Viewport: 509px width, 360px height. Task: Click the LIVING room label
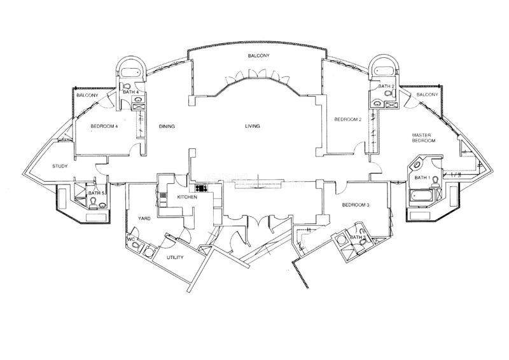[x=252, y=126]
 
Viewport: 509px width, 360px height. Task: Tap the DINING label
[x=167, y=127]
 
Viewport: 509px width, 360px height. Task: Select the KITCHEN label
[x=187, y=197]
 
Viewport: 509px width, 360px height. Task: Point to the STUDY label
[x=60, y=166]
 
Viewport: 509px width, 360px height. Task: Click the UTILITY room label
[x=175, y=258]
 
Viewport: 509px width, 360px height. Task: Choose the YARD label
[x=144, y=218]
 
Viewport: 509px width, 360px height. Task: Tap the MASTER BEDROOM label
[x=423, y=138]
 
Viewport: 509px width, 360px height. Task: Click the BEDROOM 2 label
[x=347, y=120]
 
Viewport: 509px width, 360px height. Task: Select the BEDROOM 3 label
[x=356, y=205]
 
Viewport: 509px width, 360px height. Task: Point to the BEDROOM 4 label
[x=104, y=127]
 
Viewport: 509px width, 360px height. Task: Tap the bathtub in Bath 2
[x=385, y=71]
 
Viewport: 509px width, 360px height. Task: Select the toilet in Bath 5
[x=93, y=203]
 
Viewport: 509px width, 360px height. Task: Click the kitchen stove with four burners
[x=201, y=188]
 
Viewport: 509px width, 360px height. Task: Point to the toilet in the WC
[x=136, y=245]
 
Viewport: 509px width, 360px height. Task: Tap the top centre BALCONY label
[x=259, y=56]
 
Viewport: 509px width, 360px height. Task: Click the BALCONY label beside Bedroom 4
[x=87, y=95]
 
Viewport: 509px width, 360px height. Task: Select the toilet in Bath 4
[x=126, y=86]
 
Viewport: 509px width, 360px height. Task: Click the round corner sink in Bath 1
[x=416, y=165]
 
